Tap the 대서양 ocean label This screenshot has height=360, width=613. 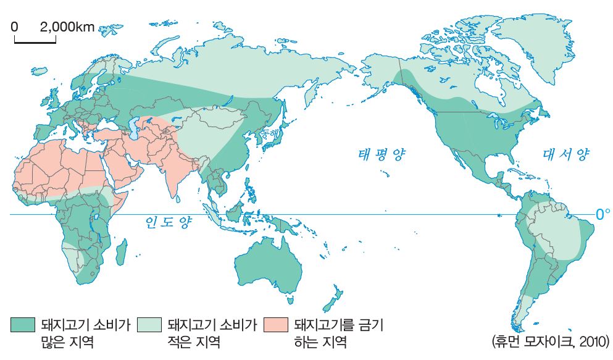pos(566,155)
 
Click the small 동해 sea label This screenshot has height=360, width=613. pos(269,132)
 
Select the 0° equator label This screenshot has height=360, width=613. pos(603,214)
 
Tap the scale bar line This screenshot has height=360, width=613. pos(35,41)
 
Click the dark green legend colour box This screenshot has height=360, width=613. pos(22,325)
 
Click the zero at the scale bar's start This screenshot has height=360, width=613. pos(14,27)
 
